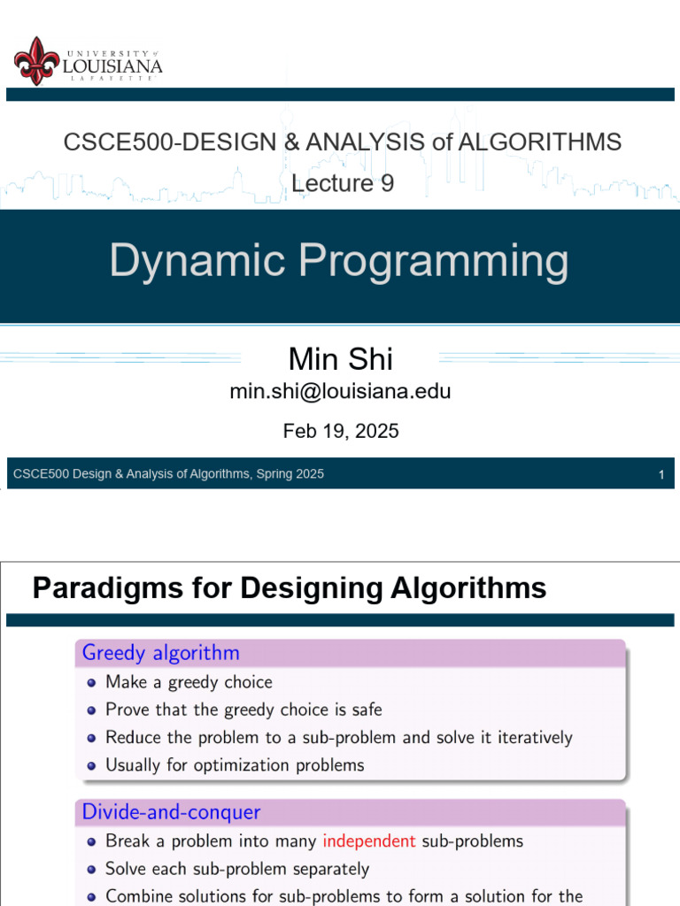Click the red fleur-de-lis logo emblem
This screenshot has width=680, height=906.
click(x=36, y=60)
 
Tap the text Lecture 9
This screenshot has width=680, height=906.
click(x=343, y=183)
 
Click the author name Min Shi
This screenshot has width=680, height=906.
click(x=341, y=359)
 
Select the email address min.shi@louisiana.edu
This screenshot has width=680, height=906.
click(x=341, y=391)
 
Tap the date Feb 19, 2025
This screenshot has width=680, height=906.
click(x=341, y=431)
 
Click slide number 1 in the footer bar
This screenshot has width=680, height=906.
click(x=661, y=475)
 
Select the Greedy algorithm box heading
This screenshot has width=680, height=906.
click(x=160, y=653)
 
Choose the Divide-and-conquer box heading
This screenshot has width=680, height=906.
click(x=171, y=811)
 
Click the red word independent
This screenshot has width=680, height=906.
click(x=368, y=841)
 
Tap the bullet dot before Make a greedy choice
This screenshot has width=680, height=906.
click(x=92, y=682)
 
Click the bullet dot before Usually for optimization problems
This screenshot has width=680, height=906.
click(x=92, y=765)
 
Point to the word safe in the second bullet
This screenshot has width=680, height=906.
click(x=365, y=710)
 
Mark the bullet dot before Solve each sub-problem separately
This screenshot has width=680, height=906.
click(x=92, y=869)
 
